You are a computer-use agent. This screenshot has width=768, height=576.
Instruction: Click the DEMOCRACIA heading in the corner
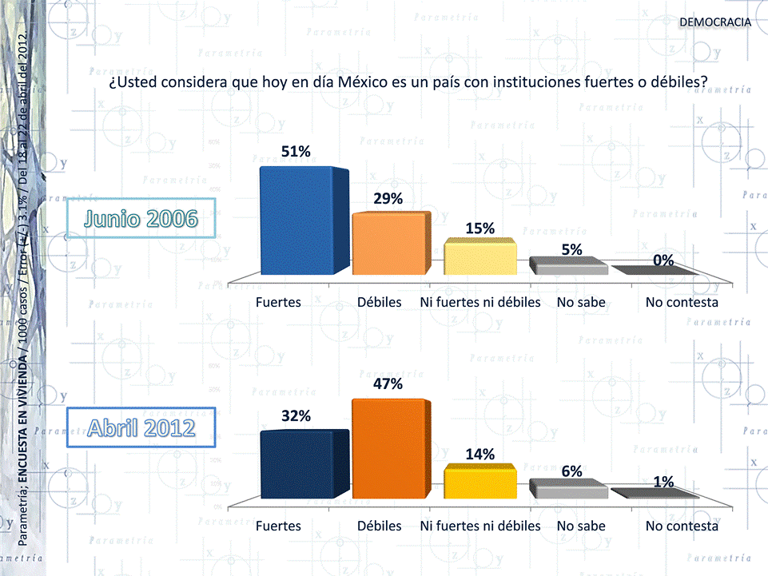click(714, 22)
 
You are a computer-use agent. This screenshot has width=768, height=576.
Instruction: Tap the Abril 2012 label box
click(141, 427)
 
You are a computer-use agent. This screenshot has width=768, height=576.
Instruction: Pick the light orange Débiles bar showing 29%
click(390, 243)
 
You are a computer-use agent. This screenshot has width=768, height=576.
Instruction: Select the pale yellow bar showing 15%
click(480, 257)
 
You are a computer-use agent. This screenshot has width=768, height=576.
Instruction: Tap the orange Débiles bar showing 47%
click(390, 448)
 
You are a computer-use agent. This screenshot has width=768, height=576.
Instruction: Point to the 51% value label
click(296, 152)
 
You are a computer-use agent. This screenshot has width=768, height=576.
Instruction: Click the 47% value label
click(388, 384)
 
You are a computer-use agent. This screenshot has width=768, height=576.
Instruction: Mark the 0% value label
click(663, 260)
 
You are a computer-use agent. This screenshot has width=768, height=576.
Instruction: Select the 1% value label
click(663, 483)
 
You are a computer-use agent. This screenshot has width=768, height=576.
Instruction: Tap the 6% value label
click(571, 471)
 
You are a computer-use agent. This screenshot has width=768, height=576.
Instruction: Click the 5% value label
click(571, 249)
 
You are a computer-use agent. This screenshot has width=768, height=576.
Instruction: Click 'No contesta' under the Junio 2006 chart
click(682, 303)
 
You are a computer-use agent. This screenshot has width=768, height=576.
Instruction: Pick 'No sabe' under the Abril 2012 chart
click(581, 526)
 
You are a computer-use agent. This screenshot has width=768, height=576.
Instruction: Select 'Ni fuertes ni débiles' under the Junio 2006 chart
click(480, 303)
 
